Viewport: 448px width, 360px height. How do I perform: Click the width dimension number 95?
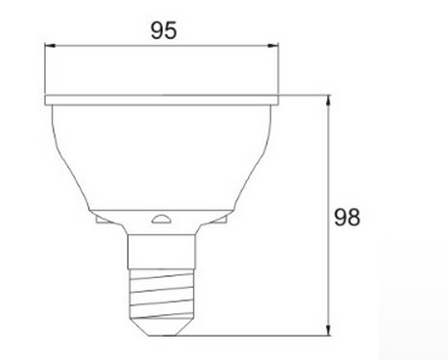(164, 30)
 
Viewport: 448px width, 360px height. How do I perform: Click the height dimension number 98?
(347, 218)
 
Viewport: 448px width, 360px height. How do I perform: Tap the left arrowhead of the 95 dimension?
(50, 46)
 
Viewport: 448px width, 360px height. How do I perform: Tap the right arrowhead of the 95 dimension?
(273, 46)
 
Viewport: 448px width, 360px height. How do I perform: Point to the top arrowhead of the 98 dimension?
(329, 100)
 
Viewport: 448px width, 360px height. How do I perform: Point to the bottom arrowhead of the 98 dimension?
(329, 330)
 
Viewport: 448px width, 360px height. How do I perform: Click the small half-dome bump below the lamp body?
(162, 219)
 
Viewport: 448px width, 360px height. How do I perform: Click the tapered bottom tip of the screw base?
(161, 330)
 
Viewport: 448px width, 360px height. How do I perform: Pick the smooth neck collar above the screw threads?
(161, 252)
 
